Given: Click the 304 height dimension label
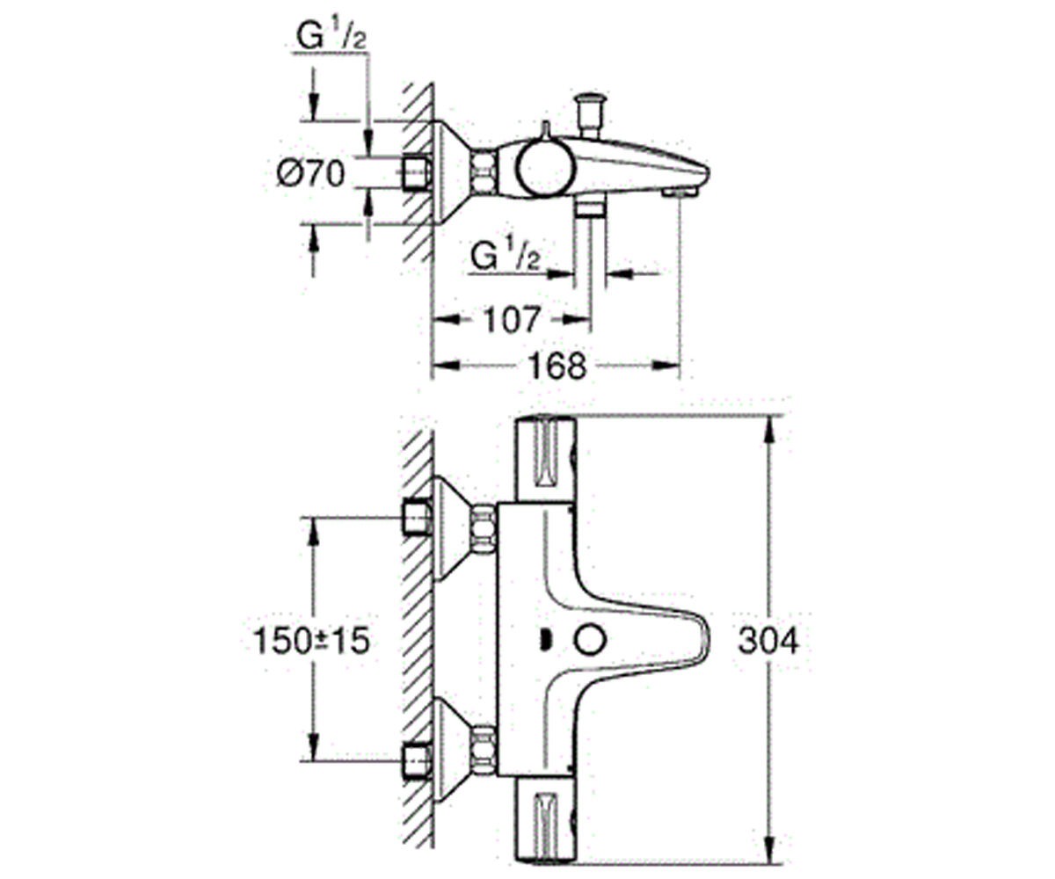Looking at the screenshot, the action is pos(768,641).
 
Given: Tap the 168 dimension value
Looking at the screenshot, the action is pos(557,366).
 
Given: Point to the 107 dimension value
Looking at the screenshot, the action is pos(513,320).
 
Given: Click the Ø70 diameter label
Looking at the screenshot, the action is pos(310,173).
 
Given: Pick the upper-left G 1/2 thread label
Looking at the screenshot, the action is pos(331,36).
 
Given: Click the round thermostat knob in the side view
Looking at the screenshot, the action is pos(544,170).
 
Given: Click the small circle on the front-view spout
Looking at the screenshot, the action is pos(590,642).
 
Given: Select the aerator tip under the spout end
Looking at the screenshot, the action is pos(680,192).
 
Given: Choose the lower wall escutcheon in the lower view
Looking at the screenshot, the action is pos(453,750).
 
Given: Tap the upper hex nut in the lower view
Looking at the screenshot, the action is pos(484,529).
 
